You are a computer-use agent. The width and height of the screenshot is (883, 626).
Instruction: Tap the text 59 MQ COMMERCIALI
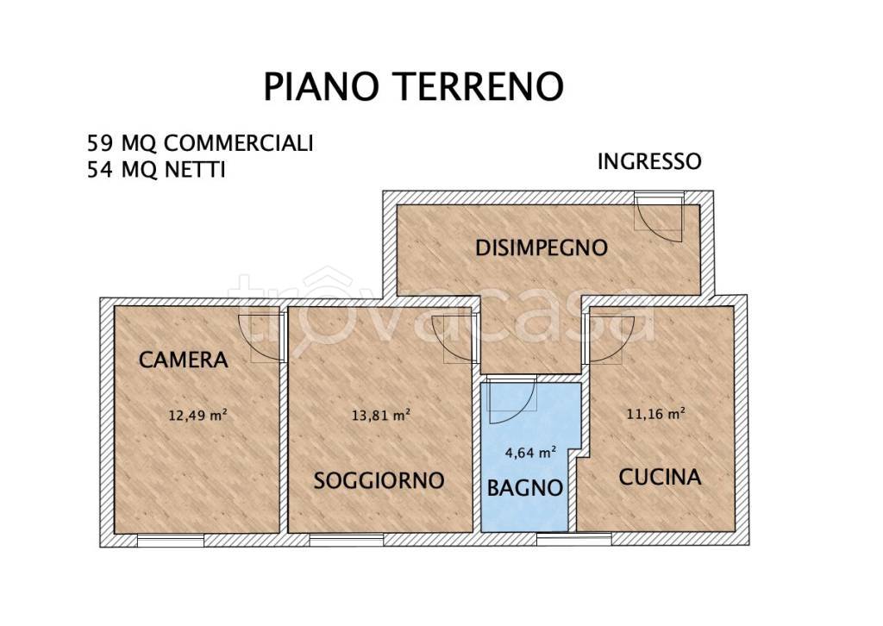pyautogui.click(x=199, y=143)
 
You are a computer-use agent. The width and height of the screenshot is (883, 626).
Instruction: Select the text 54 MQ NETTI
pyautogui.click(x=156, y=171)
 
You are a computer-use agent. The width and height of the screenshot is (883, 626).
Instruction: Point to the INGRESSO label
pyautogui.click(x=648, y=161)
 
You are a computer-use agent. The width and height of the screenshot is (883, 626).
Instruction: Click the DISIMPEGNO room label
pyautogui.click(x=542, y=247)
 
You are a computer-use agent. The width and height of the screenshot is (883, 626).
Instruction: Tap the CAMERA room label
pyautogui.click(x=183, y=360)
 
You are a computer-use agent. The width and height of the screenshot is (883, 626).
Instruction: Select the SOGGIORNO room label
pyautogui.click(x=379, y=480)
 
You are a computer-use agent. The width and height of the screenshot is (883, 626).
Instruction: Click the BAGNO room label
pyautogui.click(x=525, y=487)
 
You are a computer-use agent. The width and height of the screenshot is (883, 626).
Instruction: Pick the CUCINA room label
pyautogui.click(x=660, y=476)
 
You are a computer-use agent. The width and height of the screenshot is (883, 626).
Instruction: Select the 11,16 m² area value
pyautogui.click(x=655, y=414)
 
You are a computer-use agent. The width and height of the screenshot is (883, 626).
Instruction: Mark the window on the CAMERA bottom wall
pyautogui.click(x=171, y=541)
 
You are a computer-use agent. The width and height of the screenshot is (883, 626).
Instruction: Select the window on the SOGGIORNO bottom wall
pyautogui.click(x=347, y=541)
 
